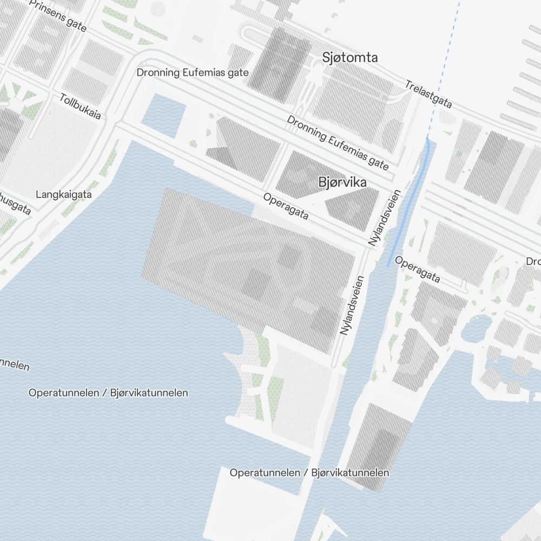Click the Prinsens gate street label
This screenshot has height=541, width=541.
point(58,15)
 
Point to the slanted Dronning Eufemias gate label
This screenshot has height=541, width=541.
point(338,142)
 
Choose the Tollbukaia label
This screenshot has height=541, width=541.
point(80,107)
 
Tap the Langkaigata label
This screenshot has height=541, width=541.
point(64,194)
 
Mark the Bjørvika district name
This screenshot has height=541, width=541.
point(342,182)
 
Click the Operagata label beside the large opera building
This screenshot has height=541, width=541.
point(286,207)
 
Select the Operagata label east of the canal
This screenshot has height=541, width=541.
point(417,269)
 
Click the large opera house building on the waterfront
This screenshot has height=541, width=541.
point(243,260)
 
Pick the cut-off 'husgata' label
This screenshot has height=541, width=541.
point(15,203)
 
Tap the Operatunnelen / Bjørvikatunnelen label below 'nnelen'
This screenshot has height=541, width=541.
point(108,393)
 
